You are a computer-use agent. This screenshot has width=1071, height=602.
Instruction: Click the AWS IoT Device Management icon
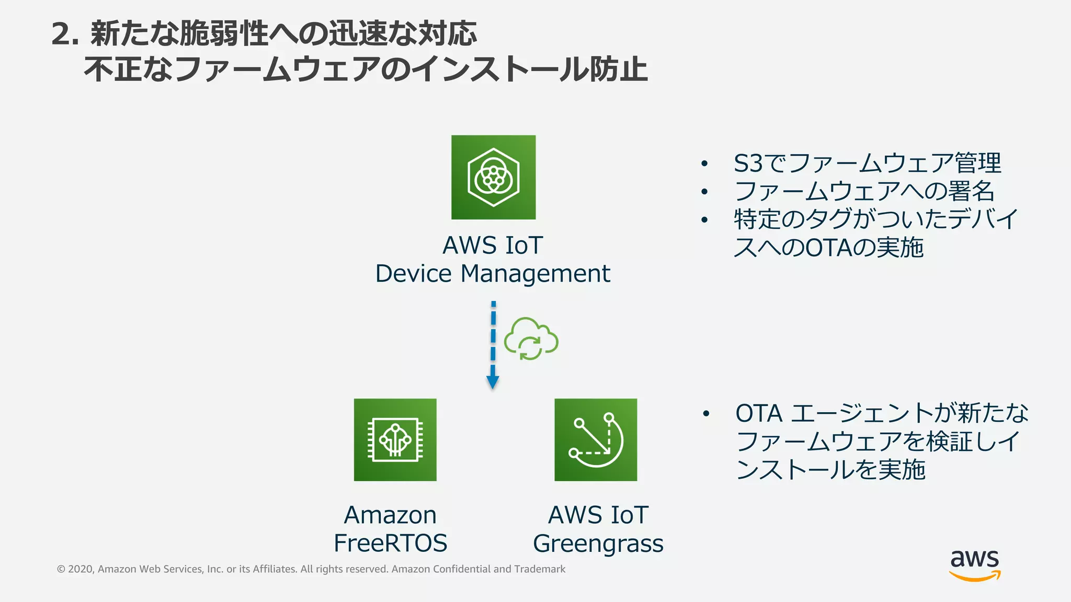point(493,177)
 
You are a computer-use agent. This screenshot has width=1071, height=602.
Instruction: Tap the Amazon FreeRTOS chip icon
point(395,439)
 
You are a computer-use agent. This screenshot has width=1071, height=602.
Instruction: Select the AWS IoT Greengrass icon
point(596,439)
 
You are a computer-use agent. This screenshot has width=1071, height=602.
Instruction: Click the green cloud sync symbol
point(531,339)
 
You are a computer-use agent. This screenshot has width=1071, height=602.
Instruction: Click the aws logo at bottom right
point(975,564)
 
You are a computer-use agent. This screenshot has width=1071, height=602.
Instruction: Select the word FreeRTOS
point(390,543)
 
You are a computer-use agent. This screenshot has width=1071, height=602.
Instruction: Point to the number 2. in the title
point(65,34)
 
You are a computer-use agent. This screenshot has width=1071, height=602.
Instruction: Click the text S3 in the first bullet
point(748,164)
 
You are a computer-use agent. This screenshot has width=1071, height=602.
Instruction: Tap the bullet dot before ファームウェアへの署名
point(704,192)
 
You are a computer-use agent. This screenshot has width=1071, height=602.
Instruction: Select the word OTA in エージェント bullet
point(759,413)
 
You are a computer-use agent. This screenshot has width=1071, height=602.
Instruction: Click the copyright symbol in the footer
point(61,569)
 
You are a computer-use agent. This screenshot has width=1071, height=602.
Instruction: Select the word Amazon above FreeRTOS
point(390,515)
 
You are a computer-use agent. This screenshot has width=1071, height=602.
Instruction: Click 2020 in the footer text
point(80,569)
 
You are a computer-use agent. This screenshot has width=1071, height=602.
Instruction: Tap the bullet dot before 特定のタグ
point(704,220)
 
